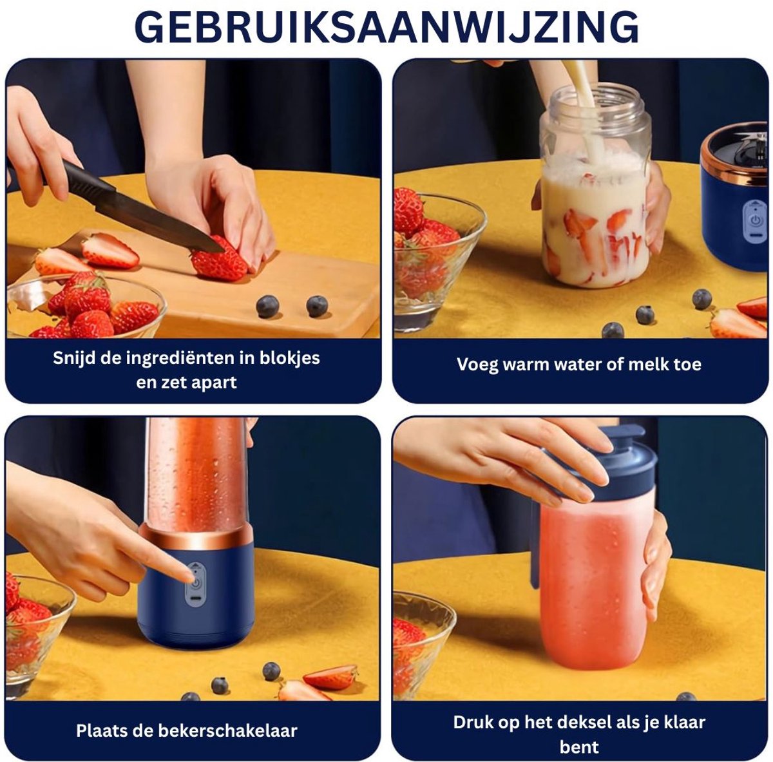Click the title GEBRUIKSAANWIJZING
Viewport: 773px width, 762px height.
386,27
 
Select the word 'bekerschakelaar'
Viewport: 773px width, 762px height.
227,730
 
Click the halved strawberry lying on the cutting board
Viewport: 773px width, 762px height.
110,251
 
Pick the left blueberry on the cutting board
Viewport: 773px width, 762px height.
267,307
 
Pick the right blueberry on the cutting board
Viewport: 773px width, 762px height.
317,306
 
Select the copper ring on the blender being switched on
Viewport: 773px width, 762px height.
196,537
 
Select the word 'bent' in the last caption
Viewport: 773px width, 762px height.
579,747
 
